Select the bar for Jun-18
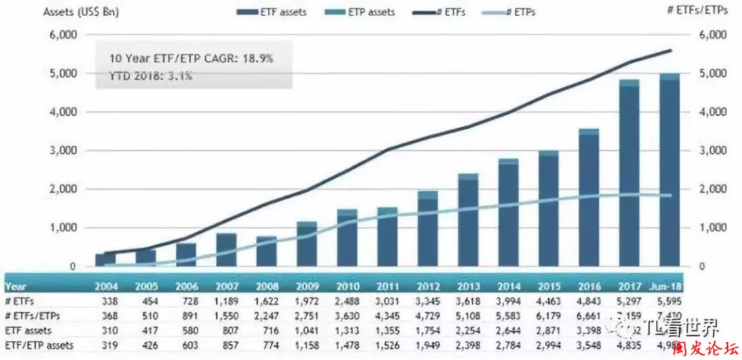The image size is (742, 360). coord(670,172)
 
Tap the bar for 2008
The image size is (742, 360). coord(267,251)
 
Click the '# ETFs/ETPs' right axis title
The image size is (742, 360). coord(706,12)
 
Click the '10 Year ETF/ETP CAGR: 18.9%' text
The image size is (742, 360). coord(191,58)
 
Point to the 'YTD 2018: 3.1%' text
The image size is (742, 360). coord(151,76)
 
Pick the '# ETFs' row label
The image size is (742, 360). coord(20,300)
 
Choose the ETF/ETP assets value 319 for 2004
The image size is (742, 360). coord(106,345)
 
